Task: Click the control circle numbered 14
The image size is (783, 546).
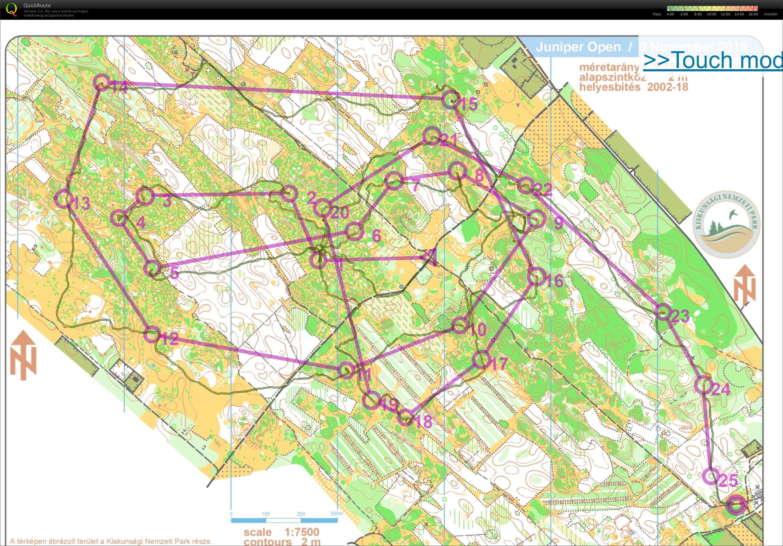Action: (x=101, y=82)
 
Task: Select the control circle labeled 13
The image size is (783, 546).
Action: (x=63, y=199)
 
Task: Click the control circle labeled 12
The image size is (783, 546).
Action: (x=152, y=334)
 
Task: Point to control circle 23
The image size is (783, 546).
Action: (x=663, y=311)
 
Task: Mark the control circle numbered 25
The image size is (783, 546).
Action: (x=711, y=476)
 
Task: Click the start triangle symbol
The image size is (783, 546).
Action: (x=430, y=258)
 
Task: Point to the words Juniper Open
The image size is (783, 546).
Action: (x=578, y=47)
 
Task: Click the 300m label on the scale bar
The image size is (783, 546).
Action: (x=336, y=513)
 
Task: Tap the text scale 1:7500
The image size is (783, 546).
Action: (x=281, y=532)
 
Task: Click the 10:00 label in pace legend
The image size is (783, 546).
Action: (x=711, y=14)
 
